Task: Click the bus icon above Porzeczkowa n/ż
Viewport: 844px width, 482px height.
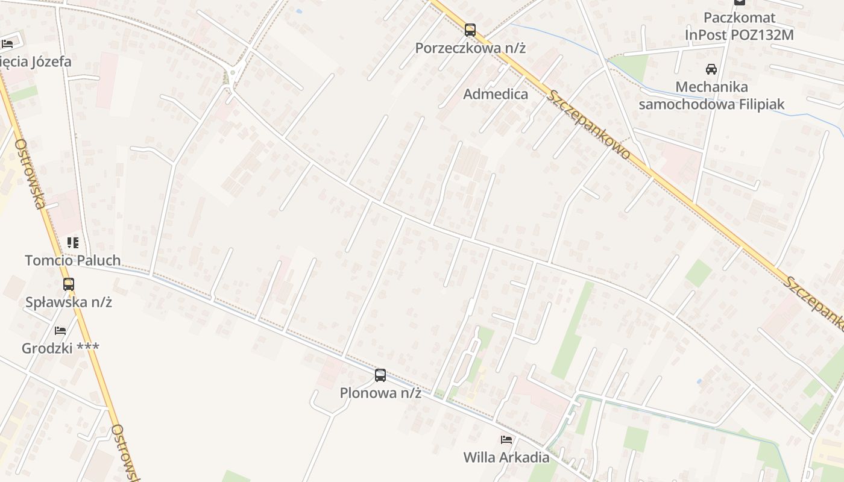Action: (470, 30)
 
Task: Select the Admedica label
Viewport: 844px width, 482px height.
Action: (496, 94)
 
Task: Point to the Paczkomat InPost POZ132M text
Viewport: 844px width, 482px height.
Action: (739, 27)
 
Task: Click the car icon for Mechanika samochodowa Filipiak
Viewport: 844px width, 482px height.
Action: (711, 69)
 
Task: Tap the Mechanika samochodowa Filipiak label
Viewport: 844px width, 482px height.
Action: (711, 96)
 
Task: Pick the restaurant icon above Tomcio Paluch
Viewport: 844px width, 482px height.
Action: (73, 243)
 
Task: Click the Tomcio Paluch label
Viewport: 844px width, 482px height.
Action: (73, 260)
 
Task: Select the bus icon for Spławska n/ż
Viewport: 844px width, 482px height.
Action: (69, 284)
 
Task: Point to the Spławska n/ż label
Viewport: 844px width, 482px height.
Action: (69, 302)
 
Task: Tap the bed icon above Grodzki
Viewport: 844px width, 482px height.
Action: (60, 331)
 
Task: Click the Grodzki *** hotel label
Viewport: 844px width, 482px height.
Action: (60, 348)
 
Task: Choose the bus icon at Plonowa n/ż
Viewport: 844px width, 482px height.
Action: (380, 375)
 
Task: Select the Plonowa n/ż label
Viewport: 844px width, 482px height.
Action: (380, 393)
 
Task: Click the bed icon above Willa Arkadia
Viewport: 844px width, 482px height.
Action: (506, 440)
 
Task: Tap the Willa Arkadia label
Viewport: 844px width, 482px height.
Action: (506, 457)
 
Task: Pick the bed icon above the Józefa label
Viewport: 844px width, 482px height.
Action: (7, 44)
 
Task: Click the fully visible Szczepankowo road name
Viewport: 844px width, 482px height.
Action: (590, 125)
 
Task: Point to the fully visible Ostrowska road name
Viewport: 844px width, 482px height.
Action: (30, 174)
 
